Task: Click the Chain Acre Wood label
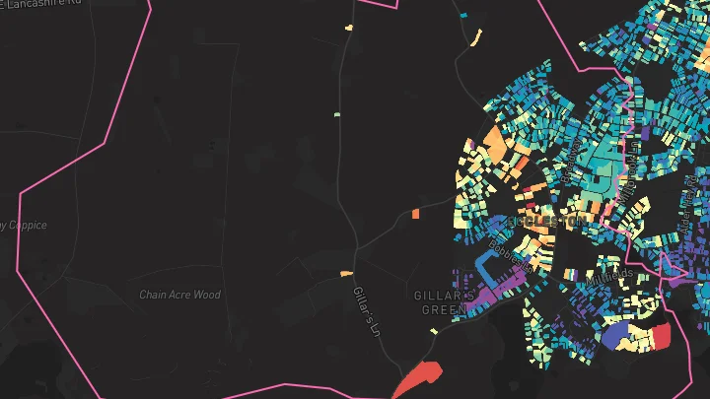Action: pyautogui.click(x=179, y=295)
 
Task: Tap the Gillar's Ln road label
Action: pyautogui.click(x=367, y=309)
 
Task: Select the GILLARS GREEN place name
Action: pyautogui.click(x=444, y=301)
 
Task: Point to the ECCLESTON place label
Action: pyautogui.click(x=543, y=223)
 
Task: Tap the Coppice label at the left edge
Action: pyautogui.click(x=22, y=226)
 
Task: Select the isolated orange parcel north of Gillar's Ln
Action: pyautogui.click(x=416, y=213)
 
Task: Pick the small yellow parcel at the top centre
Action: pyautogui.click(x=349, y=28)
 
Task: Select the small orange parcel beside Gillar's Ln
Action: pyautogui.click(x=346, y=273)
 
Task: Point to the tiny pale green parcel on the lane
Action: pyautogui.click(x=336, y=115)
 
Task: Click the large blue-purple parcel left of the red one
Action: pyautogui.click(x=618, y=335)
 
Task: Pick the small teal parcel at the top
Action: pyautogui.click(x=463, y=16)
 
